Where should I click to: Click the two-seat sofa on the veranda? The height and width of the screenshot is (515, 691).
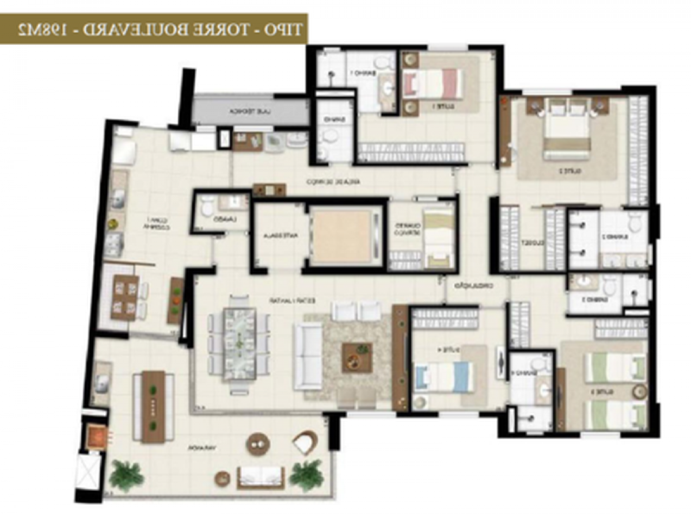coord(261,475)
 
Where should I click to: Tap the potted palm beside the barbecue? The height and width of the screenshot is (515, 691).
coord(126,474)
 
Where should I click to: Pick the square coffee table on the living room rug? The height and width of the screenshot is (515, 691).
coord(357,357)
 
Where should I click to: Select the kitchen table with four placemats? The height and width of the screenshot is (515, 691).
coord(124,297)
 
